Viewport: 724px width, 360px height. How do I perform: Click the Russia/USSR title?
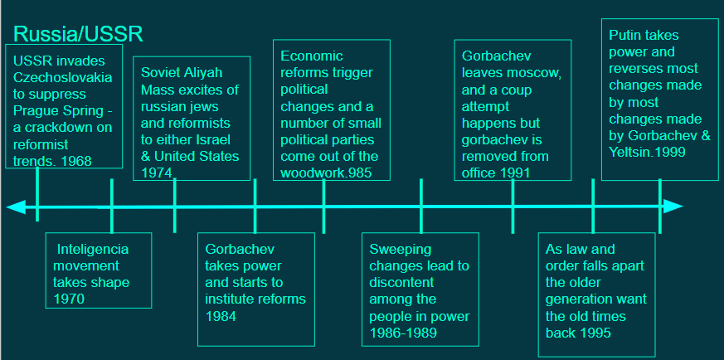(78, 34)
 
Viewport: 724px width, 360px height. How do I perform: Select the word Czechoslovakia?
(62, 77)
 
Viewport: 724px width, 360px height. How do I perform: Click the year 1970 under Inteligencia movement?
(70, 299)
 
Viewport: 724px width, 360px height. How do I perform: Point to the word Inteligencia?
(92, 249)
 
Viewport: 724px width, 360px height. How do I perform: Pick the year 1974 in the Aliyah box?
(157, 173)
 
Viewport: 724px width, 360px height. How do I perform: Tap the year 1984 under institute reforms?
(221, 316)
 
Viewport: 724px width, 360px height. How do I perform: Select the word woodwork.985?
(327, 173)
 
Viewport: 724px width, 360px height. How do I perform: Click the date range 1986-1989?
(403, 333)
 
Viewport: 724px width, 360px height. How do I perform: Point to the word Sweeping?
(401, 250)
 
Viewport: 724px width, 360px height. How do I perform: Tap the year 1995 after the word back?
(595, 333)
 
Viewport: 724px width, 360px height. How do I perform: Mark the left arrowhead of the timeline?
(16, 207)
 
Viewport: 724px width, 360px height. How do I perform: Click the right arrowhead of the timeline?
(673, 207)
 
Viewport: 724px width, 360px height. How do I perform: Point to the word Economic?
(312, 56)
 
